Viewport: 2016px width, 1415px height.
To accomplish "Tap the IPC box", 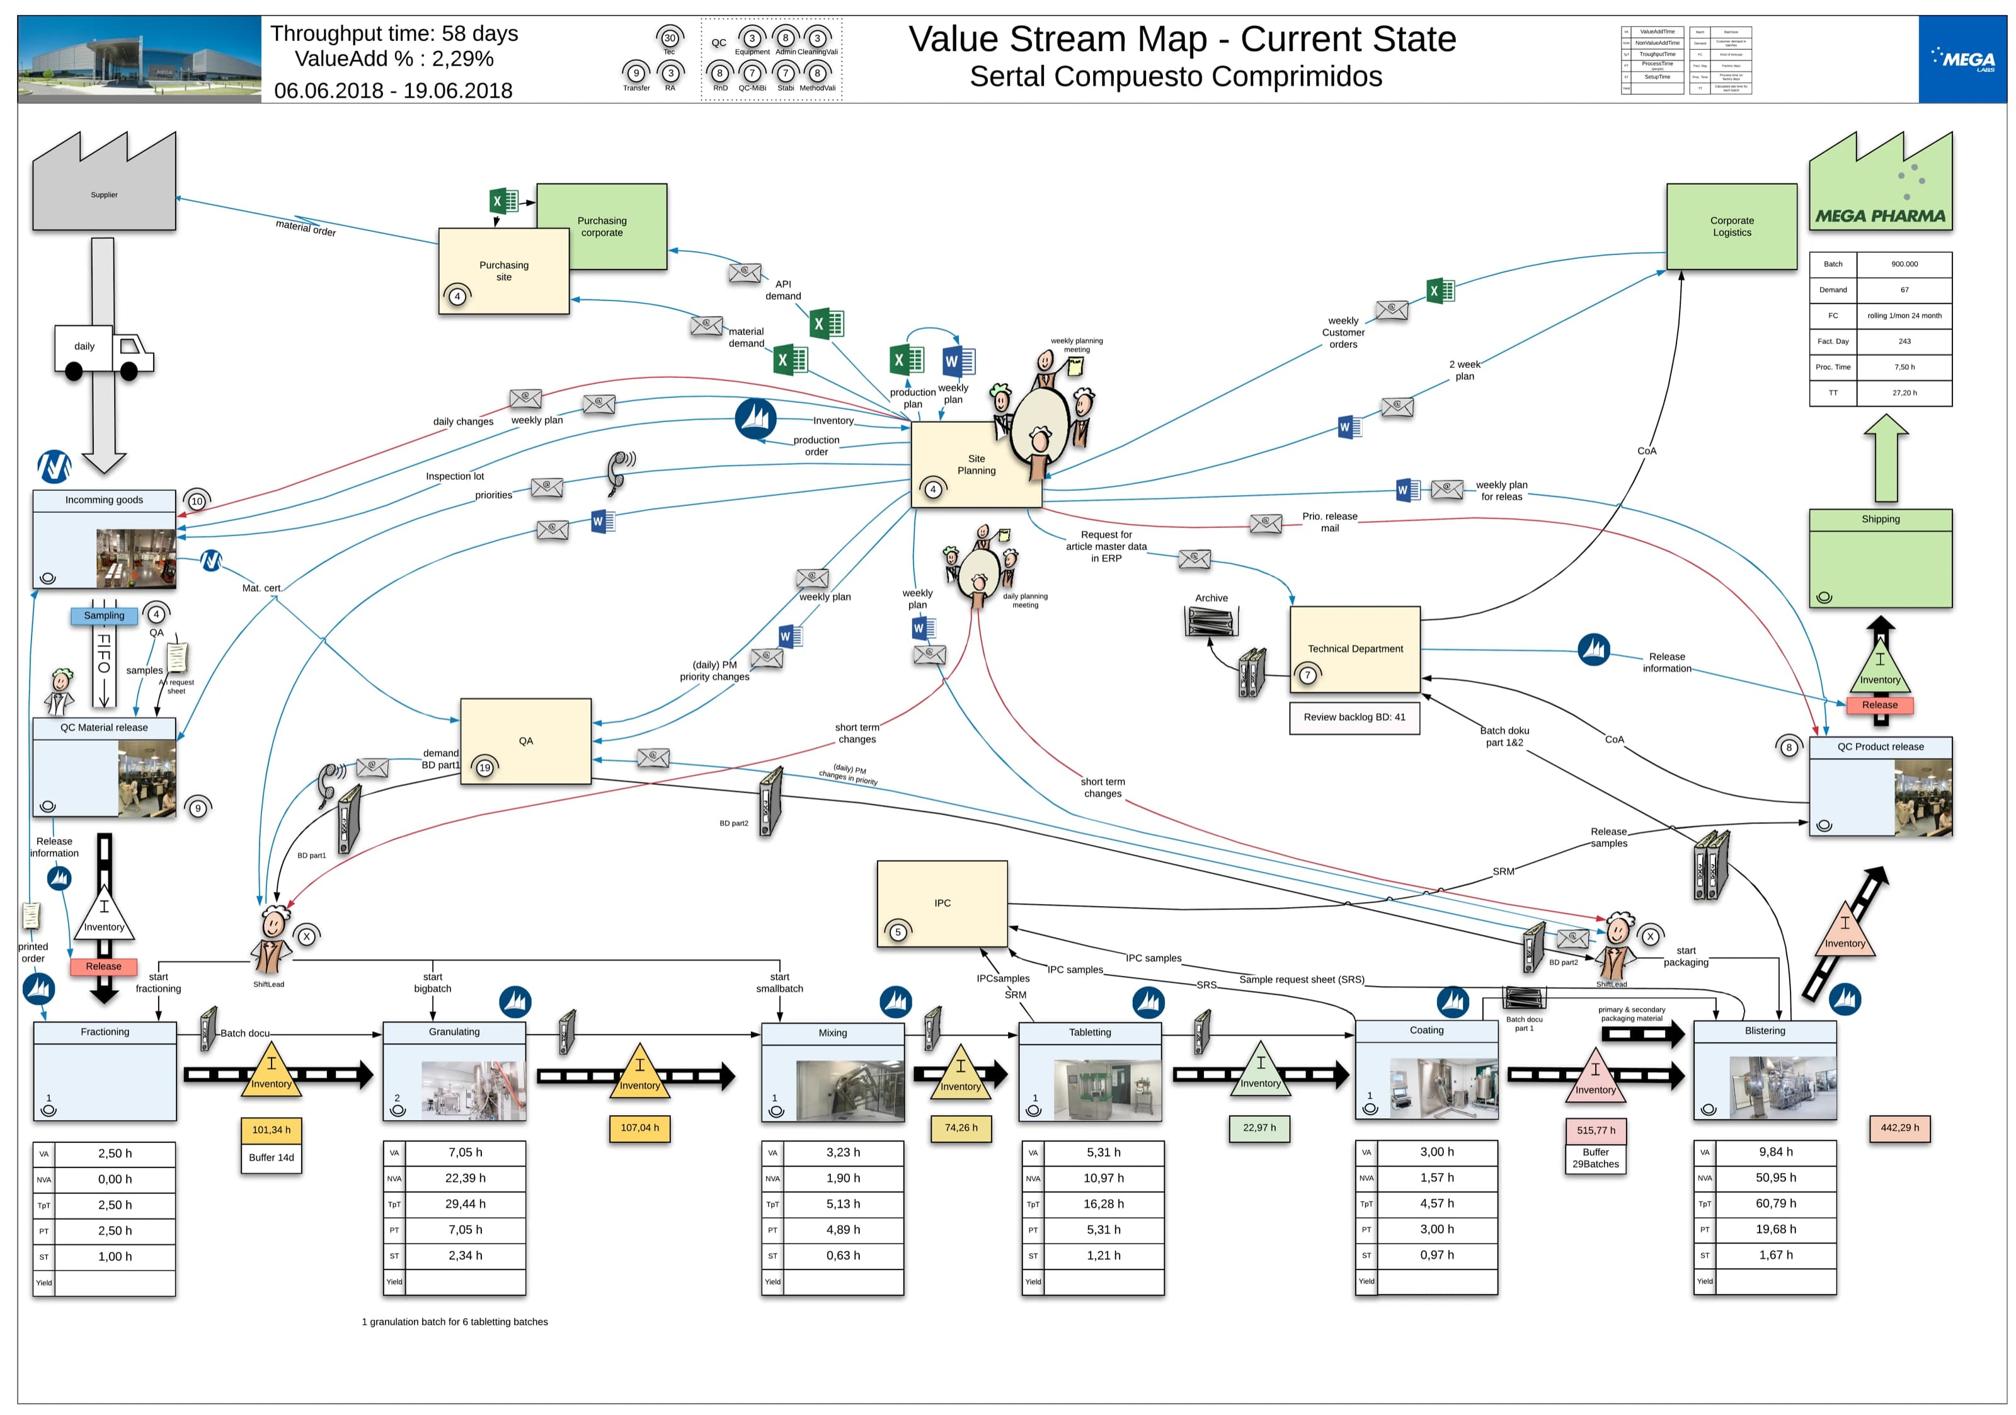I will [941, 903].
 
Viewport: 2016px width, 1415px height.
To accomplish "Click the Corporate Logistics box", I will [1731, 226].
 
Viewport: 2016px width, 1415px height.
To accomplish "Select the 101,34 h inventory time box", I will [272, 1130].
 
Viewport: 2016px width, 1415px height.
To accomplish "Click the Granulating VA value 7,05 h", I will [466, 1152].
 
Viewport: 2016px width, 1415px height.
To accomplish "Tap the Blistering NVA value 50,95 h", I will [1775, 1178].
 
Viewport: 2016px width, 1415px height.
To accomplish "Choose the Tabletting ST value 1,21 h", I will [1103, 1255].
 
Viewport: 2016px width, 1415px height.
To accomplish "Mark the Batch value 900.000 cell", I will [1904, 264].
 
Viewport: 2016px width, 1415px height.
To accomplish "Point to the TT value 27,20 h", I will [1904, 393].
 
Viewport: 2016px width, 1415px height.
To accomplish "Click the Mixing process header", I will [832, 1033].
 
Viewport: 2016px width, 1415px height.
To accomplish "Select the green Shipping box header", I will [1880, 520].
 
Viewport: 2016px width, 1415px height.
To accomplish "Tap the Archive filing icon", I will [1211, 621].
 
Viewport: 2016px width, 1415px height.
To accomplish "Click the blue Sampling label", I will [103, 616].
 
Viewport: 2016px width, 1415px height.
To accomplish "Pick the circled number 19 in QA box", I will [484, 767].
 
